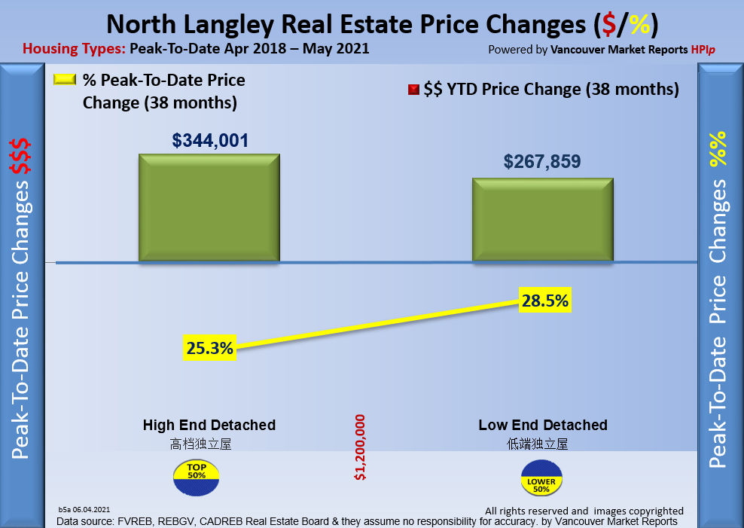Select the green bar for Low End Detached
tap(542, 220)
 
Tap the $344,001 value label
tap(210, 140)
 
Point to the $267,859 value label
tap(542, 162)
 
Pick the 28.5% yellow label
tap(544, 301)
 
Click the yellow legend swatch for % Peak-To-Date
tap(66, 80)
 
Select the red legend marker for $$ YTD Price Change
tap(413, 90)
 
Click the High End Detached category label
tap(209, 425)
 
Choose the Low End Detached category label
tap(543, 425)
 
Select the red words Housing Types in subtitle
tap(74, 50)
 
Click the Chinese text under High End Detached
tap(200, 444)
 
